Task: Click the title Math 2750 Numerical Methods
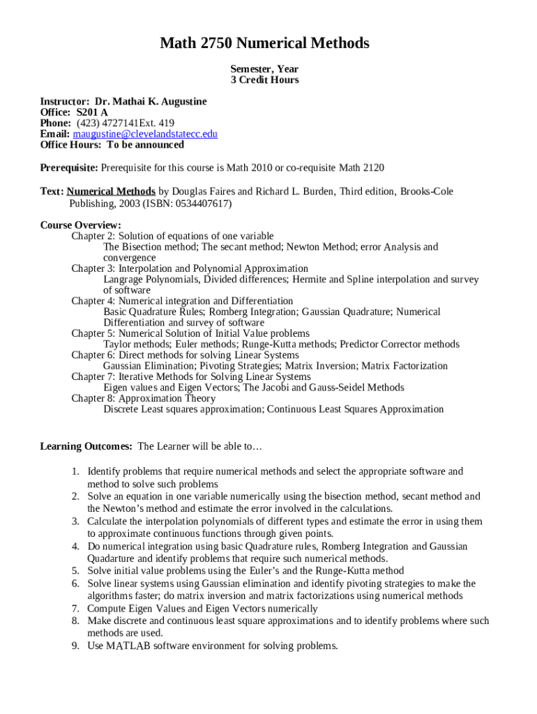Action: (x=264, y=44)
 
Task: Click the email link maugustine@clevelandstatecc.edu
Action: (x=145, y=134)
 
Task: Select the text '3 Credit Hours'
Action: (x=264, y=80)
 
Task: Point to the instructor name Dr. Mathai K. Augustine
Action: (x=151, y=102)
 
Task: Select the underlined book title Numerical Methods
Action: (x=111, y=191)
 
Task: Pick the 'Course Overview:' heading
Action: (x=80, y=225)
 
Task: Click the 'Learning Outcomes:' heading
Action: (x=86, y=446)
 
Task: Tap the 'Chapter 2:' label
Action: (x=93, y=236)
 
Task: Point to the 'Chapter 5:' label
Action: (x=93, y=333)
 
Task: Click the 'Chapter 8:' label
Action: (x=93, y=399)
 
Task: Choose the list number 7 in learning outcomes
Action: (x=75, y=609)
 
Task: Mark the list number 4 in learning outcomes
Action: (x=75, y=547)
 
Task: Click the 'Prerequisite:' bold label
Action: (x=69, y=168)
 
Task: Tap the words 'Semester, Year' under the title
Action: (x=264, y=69)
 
